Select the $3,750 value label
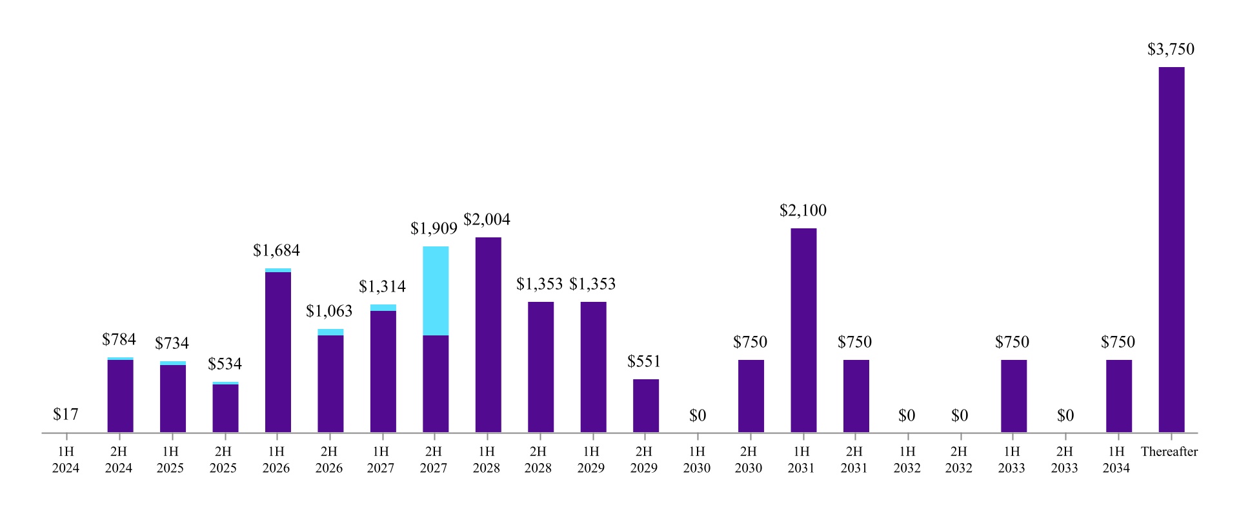point(1171,50)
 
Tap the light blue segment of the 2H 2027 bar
point(436,291)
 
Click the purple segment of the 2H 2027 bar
point(436,384)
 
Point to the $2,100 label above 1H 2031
point(803,211)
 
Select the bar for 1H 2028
point(488,335)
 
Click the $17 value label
point(66,415)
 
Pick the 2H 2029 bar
point(645,406)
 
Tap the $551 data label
point(644,362)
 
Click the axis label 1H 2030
point(697,460)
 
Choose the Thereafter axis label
point(1169,452)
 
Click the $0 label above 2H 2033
point(1065,416)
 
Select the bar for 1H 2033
point(1013,396)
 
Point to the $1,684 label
point(276,251)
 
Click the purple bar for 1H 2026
point(277,352)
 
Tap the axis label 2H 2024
point(119,460)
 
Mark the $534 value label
point(225,364)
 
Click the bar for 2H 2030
point(750,396)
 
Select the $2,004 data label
point(487,220)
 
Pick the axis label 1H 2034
point(1116,460)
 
